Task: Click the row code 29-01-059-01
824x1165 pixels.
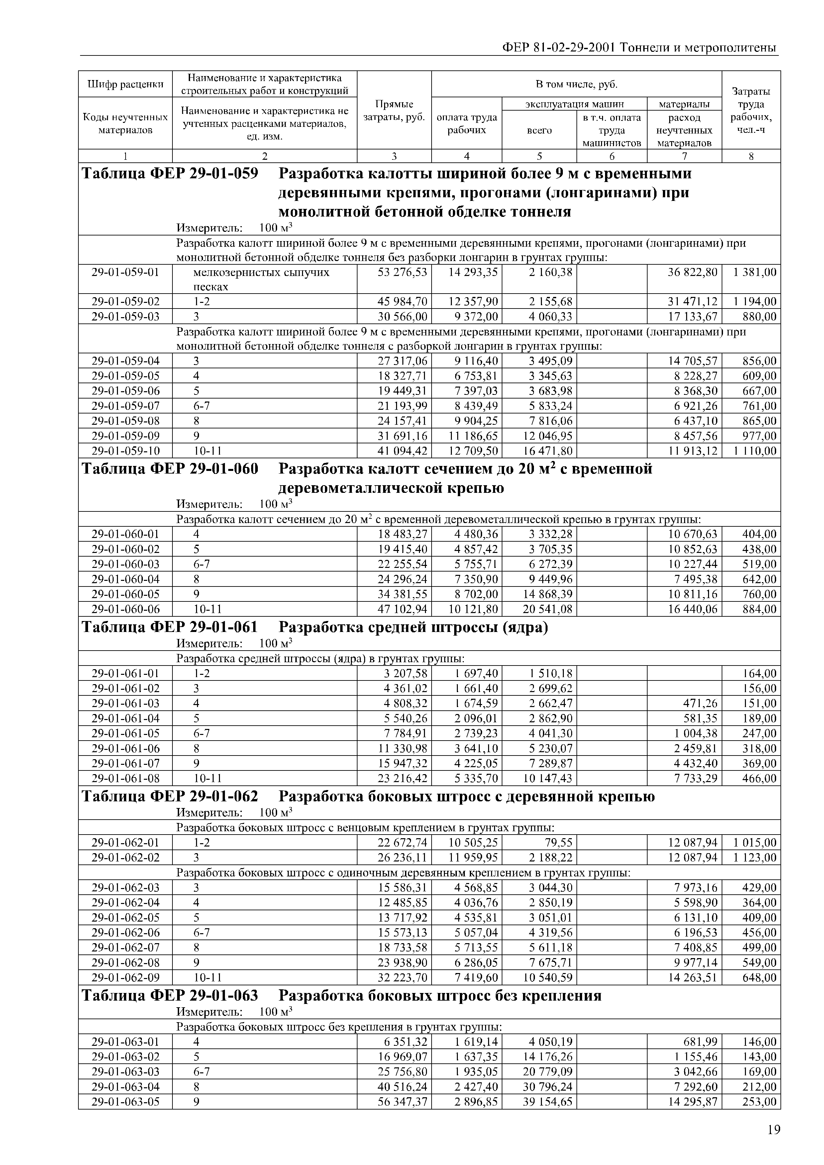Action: click(125, 272)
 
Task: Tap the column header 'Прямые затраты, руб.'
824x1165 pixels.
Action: click(394, 111)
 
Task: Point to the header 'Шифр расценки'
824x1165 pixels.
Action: click(125, 84)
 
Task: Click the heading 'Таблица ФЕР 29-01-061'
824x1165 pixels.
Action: click(169, 628)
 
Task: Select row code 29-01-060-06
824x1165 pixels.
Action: click(125, 609)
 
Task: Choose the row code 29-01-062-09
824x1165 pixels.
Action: click(125, 978)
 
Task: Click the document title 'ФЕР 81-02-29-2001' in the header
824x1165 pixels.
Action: click(559, 48)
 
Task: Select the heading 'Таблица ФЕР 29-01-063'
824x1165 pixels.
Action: click(169, 996)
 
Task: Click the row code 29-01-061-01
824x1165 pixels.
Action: click(125, 673)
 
